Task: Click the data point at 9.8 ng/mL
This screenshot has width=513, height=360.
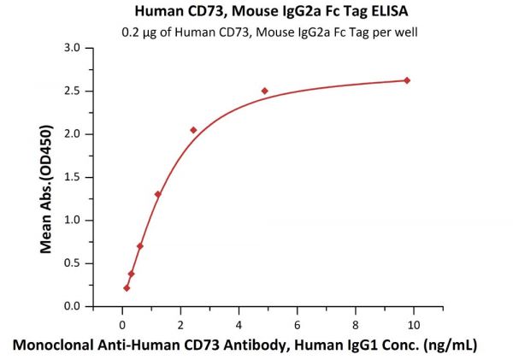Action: [407, 80]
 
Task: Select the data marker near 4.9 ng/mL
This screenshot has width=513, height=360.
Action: [265, 91]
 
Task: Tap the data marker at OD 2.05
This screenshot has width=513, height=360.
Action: [193, 130]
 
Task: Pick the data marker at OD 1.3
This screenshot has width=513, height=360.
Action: [157, 194]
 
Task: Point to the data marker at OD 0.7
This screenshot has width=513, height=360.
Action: [140, 246]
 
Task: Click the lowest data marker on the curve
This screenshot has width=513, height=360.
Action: [127, 288]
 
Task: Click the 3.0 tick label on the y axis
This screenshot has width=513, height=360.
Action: [96, 48]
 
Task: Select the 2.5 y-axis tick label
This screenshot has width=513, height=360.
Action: [96, 91]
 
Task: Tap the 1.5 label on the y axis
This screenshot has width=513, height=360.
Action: [96, 177]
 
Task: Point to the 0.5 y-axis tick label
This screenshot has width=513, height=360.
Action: [96, 263]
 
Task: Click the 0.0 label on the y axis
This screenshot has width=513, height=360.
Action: [96, 306]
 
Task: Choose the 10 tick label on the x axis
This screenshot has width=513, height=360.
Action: [414, 324]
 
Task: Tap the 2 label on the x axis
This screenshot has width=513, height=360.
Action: [180, 324]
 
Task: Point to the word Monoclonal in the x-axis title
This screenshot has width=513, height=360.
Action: [53, 345]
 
